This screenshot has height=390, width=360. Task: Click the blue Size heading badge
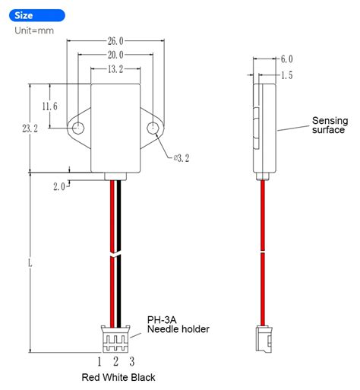(x=33, y=14)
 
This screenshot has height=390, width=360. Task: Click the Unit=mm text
(x=33, y=30)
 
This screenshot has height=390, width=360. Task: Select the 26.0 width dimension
(x=116, y=42)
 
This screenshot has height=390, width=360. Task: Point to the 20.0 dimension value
(x=116, y=55)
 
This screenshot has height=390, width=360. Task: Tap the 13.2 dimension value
(x=116, y=69)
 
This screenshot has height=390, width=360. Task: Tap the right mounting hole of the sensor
(x=154, y=128)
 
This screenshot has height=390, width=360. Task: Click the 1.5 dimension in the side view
(x=286, y=75)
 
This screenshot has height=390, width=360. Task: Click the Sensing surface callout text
(x=329, y=125)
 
